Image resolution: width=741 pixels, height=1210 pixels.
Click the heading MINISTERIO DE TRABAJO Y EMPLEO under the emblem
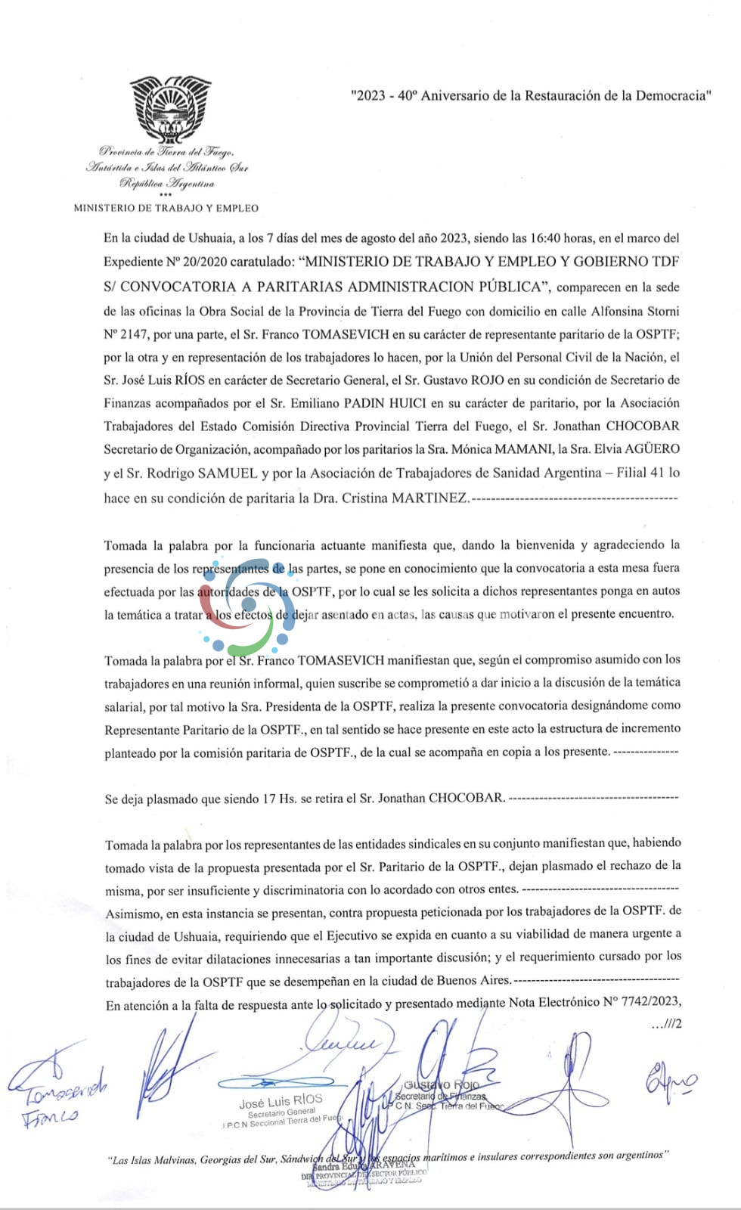(x=166, y=208)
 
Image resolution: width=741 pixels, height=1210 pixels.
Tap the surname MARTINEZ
(x=429, y=498)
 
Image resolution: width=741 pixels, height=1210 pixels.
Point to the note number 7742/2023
(x=642, y=1002)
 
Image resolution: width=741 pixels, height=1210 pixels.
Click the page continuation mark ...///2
(x=665, y=1024)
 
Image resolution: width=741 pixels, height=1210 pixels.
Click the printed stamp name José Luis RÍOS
(x=281, y=1101)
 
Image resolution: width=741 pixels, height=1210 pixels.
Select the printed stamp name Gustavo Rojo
(x=442, y=1085)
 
